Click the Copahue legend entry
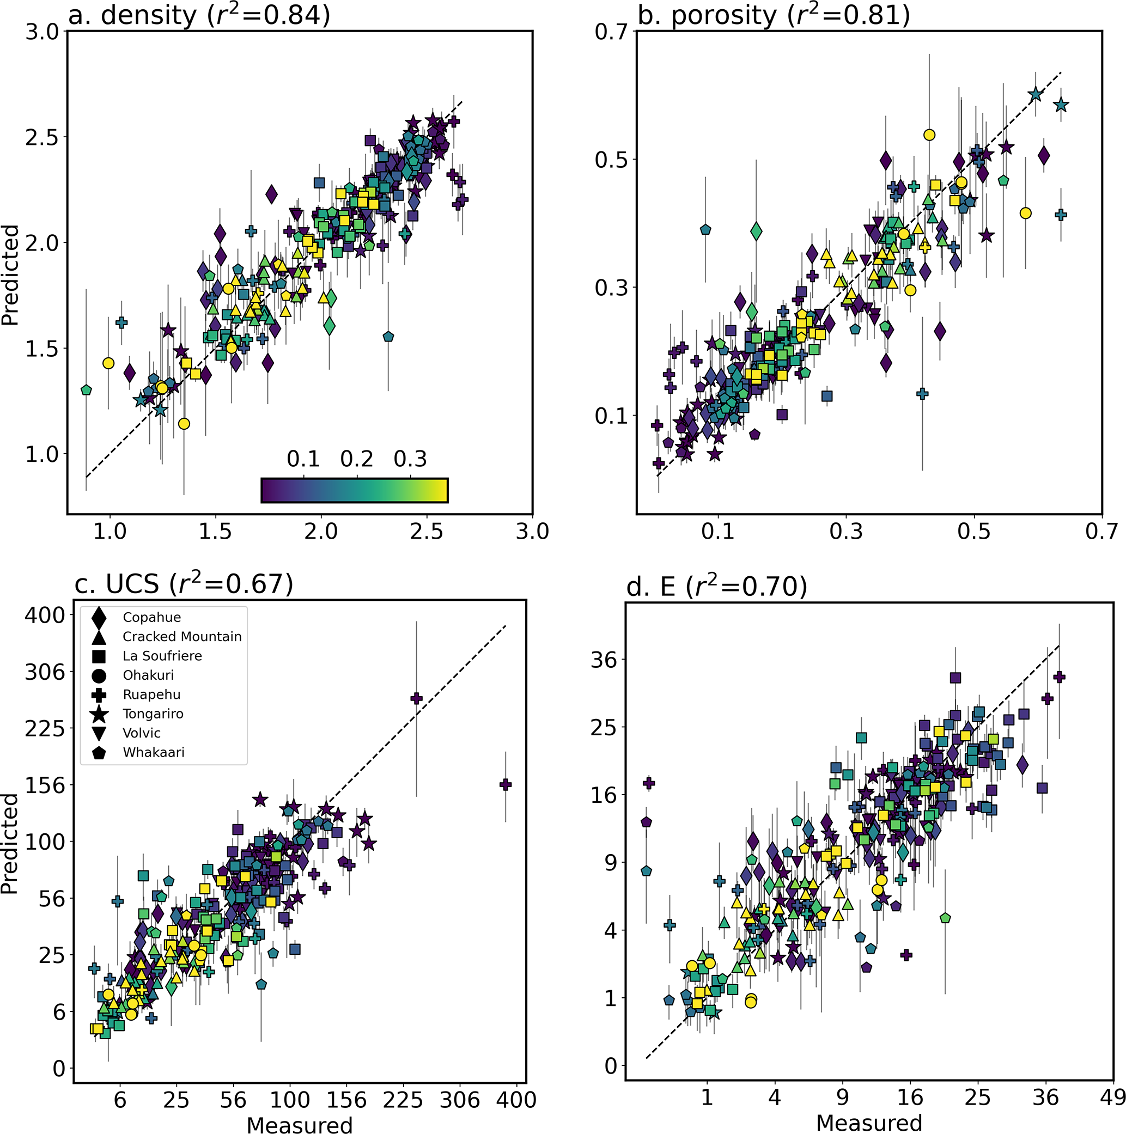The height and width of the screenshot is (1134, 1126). click(x=151, y=618)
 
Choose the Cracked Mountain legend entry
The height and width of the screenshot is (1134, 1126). click(x=182, y=637)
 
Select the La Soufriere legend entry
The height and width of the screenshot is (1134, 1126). click(x=162, y=656)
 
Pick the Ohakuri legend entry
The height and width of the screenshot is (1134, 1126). click(x=148, y=675)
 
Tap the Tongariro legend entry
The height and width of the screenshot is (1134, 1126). click(x=153, y=714)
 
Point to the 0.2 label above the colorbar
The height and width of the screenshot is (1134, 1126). click(x=357, y=459)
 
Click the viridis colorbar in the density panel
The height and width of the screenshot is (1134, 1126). click(x=355, y=491)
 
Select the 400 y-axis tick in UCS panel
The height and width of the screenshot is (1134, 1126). click(x=45, y=615)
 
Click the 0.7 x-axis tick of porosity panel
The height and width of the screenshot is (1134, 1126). click(x=1101, y=532)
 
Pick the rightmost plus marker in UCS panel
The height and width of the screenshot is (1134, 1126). click(x=506, y=785)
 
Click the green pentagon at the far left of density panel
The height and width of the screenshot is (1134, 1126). click(x=86, y=390)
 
